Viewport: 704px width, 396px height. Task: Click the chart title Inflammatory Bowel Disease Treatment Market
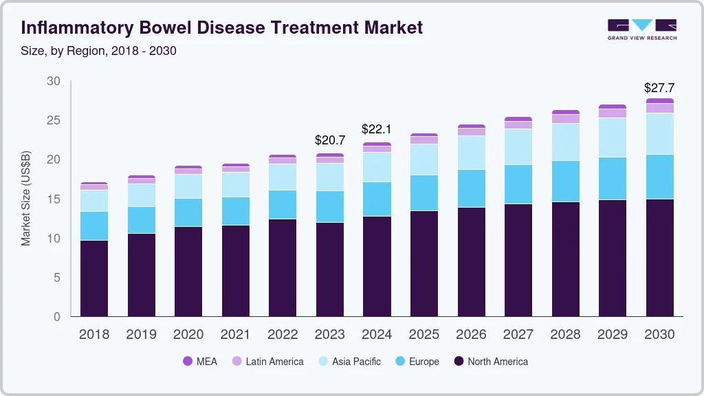(x=221, y=27)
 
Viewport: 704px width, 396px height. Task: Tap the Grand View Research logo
(x=641, y=29)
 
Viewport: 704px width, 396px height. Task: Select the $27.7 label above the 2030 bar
(x=659, y=88)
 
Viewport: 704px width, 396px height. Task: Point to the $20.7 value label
(x=330, y=140)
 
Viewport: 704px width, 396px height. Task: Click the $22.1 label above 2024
(x=377, y=129)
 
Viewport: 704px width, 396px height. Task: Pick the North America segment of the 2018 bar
(x=94, y=278)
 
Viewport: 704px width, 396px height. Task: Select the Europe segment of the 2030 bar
(x=659, y=177)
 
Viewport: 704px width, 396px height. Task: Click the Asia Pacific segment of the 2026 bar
(x=471, y=153)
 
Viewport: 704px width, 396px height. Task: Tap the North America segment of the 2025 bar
(x=424, y=263)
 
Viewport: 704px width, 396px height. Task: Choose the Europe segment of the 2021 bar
(x=236, y=211)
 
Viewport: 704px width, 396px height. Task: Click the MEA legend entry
(x=199, y=361)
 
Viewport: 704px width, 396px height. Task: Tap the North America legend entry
(x=491, y=361)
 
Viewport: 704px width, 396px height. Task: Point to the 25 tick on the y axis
(x=54, y=120)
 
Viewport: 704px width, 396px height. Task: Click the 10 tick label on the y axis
(x=54, y=239)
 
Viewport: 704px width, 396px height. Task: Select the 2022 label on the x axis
(x=283, y=335)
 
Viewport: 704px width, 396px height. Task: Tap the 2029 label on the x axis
(x=612, y=335)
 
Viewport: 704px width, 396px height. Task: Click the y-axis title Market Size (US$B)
(x=26, y=199)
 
